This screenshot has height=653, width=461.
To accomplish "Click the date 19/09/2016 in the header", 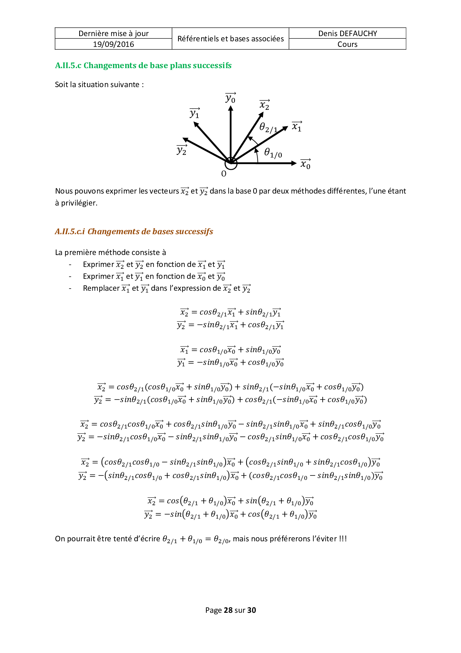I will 113,44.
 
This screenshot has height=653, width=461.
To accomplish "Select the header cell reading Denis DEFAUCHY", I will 347,34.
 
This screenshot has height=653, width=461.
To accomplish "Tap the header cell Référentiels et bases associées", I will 230,39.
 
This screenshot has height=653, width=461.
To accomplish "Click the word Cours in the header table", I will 347,44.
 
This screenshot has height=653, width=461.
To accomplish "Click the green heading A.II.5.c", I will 143,66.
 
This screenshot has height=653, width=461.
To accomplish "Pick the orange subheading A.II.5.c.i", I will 134,232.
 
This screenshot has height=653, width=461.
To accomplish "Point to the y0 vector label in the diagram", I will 230,98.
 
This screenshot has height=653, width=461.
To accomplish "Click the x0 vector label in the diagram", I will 305,164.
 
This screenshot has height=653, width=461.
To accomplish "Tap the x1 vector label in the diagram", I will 297,127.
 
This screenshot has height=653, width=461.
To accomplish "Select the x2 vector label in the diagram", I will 264,105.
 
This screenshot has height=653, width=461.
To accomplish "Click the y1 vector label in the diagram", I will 194,113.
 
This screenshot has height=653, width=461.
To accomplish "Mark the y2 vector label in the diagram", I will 182,150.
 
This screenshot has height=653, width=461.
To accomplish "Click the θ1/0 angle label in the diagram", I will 273,153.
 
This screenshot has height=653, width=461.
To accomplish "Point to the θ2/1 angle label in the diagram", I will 268,128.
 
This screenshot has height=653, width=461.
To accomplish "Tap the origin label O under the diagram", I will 224,174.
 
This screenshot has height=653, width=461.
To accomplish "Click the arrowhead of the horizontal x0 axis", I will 294,163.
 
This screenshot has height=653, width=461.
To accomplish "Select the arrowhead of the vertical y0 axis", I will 231,108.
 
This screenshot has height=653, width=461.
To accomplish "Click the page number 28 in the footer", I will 228,610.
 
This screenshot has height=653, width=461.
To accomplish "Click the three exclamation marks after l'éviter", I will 343,539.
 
